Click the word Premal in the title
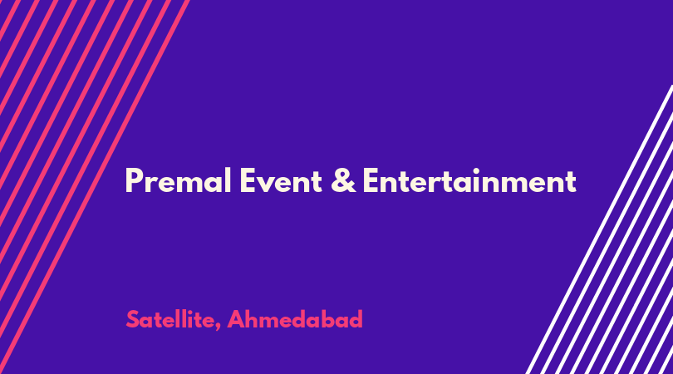[x=178, y=180]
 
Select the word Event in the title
[x=281, y=180]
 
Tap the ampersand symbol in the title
[x=343, y=180]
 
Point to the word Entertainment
[x=469, y=180]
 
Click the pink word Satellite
[x=170, y=319]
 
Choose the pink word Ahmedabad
[x=295, y=319]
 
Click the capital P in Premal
[x=134, y=180]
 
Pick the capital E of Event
[x=248, y=180]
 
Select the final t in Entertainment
[x=571, y=182]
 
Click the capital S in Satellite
[x=133, y=319]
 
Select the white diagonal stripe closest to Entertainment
[x=600, y=229]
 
